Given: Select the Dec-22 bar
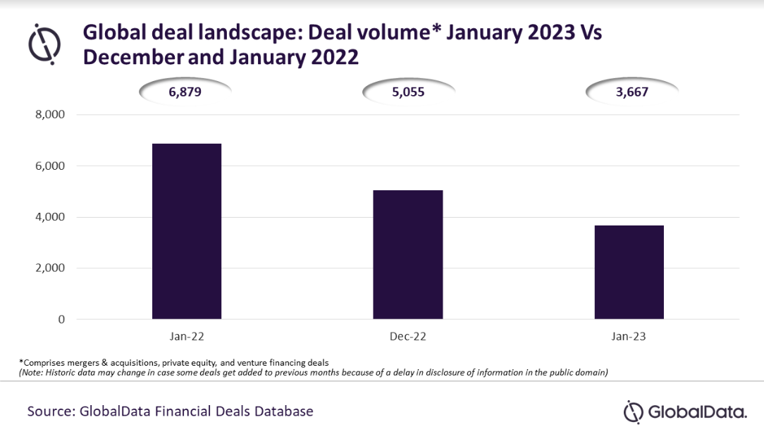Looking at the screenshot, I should [x=408, y=254].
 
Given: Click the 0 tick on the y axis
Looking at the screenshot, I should [x=61, y=320].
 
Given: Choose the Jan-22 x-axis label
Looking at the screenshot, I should [x=187, y=337].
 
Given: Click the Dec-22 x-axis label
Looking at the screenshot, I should [x=408, y=337].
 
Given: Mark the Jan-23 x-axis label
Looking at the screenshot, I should [x=629, y=337].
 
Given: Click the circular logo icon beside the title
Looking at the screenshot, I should [x=44, y=44].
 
